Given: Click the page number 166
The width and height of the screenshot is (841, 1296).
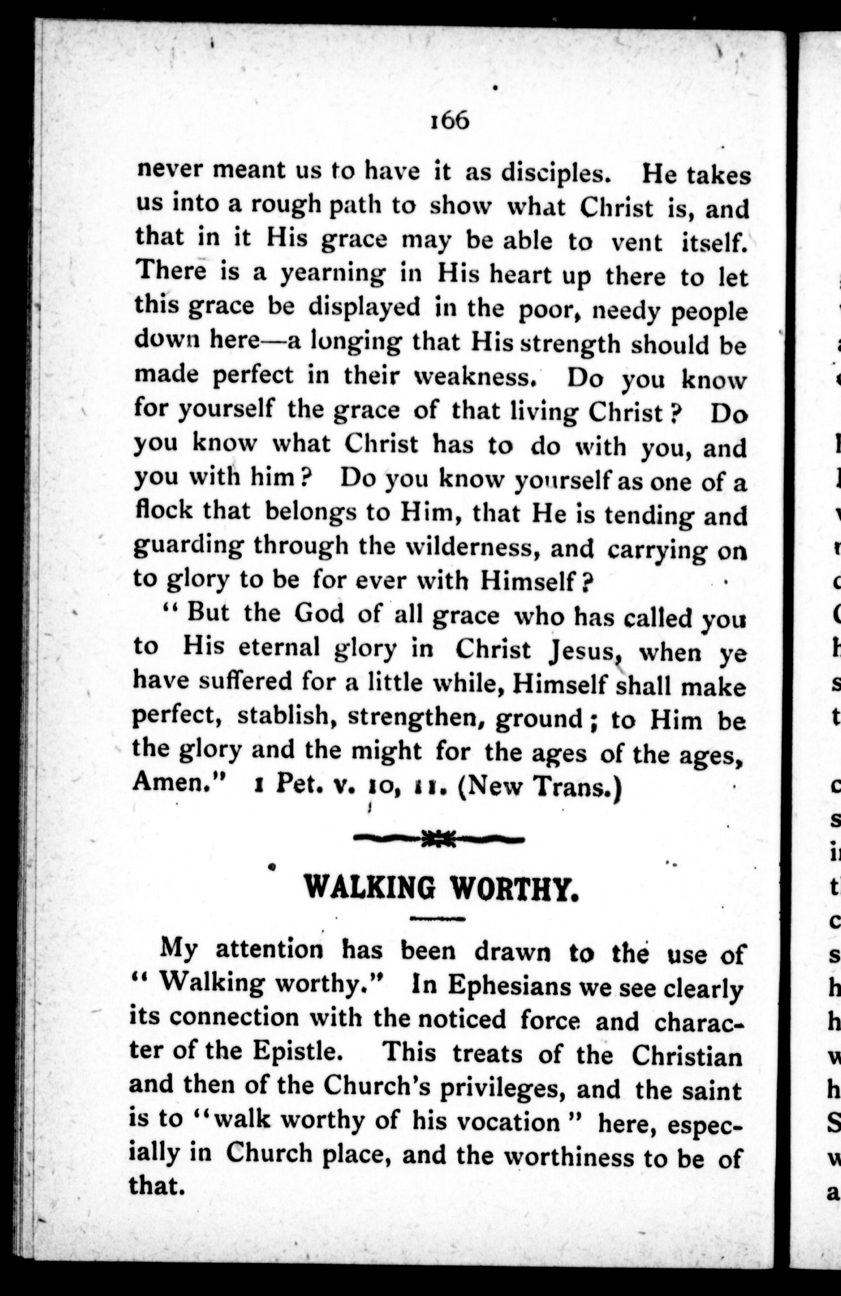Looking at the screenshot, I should coord(450,121).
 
